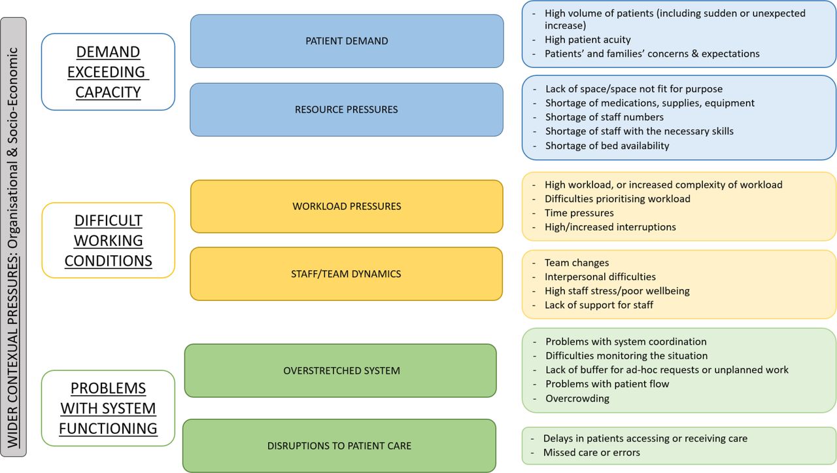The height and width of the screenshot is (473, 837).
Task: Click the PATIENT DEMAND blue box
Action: point(347,41)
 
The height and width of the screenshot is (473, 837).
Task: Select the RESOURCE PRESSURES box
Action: point(347,109)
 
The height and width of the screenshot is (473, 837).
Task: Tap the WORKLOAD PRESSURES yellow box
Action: point(347,206)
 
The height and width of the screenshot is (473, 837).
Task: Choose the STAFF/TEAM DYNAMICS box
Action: point(347,273)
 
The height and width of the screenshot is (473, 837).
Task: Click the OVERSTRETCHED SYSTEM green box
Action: point(341,370)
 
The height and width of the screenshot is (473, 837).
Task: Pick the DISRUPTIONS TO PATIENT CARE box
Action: point(339,446)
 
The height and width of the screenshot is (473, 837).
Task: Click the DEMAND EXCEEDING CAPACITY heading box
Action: point(108,72)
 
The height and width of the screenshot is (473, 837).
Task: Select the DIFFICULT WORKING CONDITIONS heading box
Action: point(109,241)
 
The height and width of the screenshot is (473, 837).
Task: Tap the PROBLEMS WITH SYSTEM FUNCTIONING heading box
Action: point(108,408)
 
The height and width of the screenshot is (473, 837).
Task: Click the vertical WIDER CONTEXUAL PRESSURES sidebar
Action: point(14,237)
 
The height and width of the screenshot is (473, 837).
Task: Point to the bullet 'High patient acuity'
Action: point(587,40)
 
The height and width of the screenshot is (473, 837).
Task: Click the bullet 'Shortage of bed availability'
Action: point(607,145)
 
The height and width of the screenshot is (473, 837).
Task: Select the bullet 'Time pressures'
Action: point(579,213)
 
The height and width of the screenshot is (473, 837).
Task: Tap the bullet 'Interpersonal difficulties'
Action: point(600,277)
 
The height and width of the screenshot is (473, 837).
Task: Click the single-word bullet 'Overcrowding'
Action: point(577,398)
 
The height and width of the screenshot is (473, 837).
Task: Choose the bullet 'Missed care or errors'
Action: point(592,453)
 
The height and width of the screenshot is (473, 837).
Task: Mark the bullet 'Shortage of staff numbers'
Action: point(604,117)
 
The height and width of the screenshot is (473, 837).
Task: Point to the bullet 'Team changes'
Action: point(577,263)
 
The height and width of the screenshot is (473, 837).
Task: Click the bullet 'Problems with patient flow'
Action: point(607,384)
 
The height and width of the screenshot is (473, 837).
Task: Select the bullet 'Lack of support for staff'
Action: point(598,305)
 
